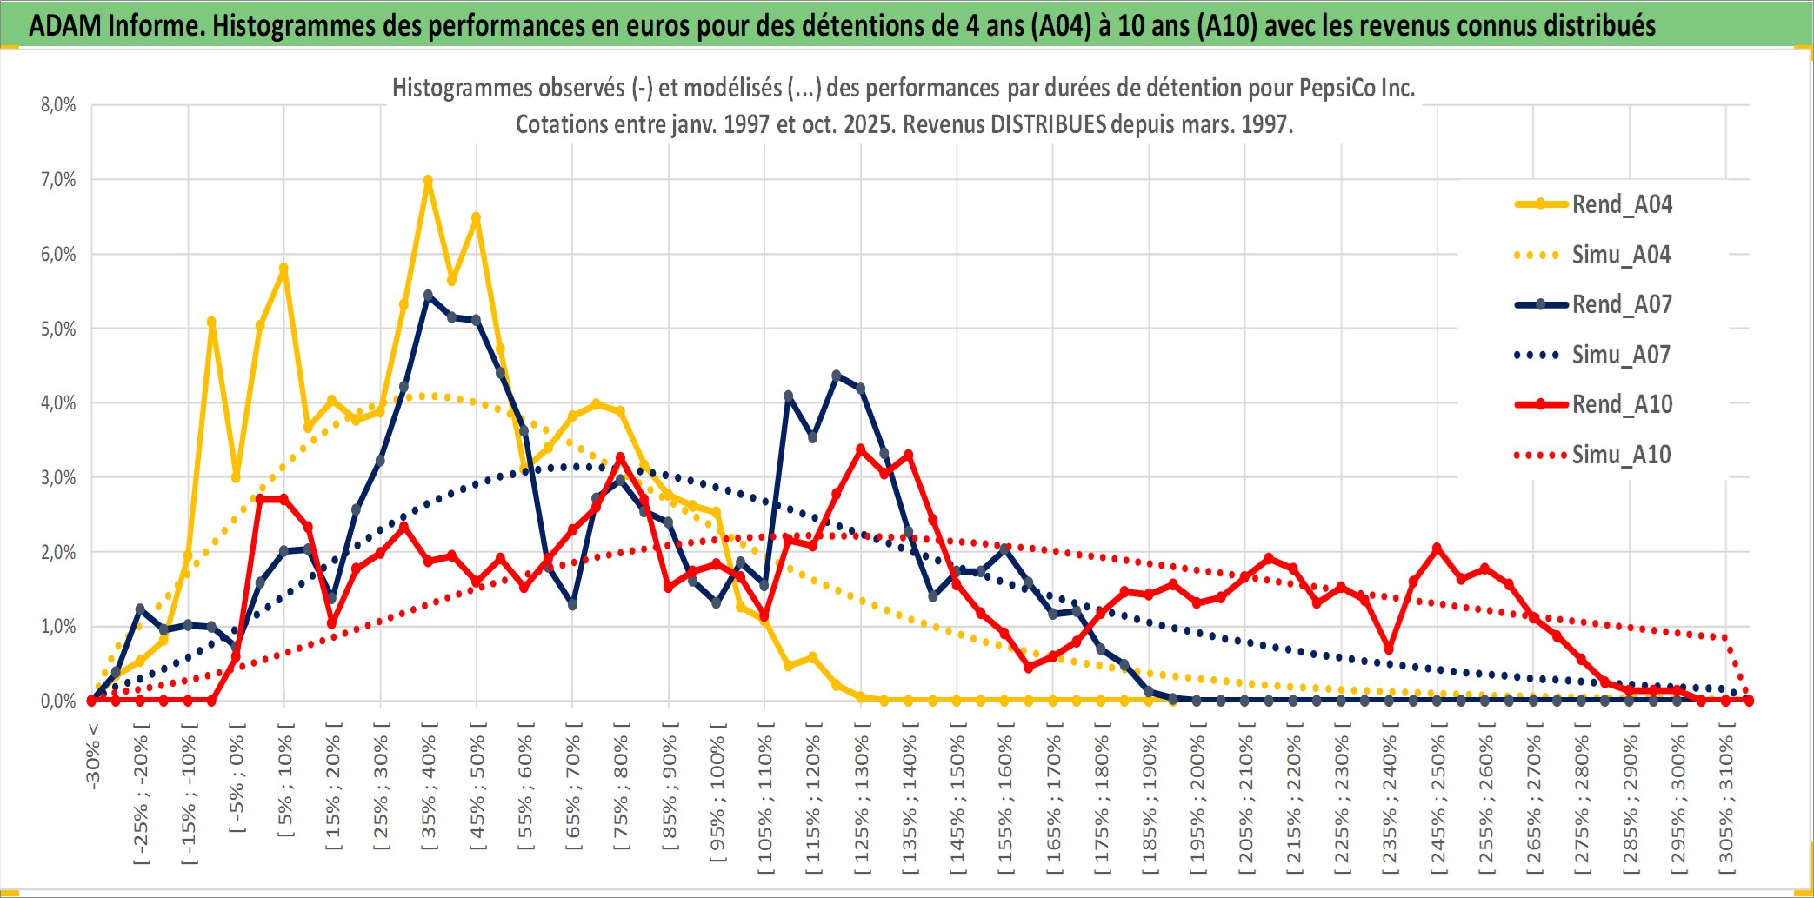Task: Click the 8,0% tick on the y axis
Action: (x=58, y=105)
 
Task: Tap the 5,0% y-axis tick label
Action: (x=58, y=329)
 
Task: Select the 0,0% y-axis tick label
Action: (x=58, y=701)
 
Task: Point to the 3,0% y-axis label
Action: (x=58, y=477)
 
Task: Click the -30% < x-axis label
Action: (x=93, y=755)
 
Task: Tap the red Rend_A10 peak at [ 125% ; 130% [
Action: (x=861, y=449)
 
